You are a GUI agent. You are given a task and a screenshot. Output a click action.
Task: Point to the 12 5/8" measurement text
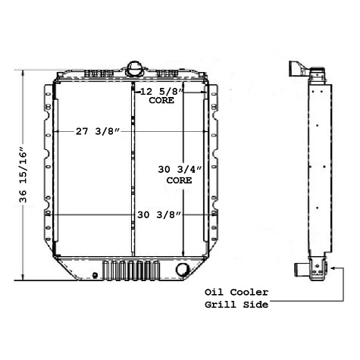[x=161, y=92]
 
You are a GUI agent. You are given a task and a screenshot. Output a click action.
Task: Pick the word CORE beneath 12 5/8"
[x=161, y=101]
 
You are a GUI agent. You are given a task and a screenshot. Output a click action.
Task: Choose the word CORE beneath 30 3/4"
[x=179, y=182]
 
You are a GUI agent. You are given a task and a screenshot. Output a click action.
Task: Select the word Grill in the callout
[x=221, y=305]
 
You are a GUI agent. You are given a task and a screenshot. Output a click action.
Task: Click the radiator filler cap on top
[x=135, y=67]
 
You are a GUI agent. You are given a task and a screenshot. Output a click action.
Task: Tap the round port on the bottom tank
[x=183, y=269]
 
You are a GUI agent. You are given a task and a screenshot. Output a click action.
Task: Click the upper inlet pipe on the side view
[x=296, y=67]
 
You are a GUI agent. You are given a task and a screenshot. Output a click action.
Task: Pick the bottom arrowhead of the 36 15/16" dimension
[x=23, y=277]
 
